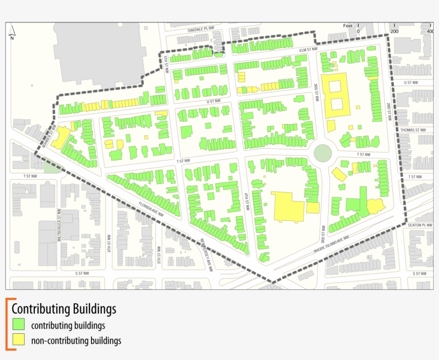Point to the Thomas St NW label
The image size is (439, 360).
click(413, 129)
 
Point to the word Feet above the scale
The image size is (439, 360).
click(349, 26)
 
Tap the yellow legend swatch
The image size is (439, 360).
click(19, 339)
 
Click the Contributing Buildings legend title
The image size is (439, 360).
click(64, 309)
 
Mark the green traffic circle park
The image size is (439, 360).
click(322, 153)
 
